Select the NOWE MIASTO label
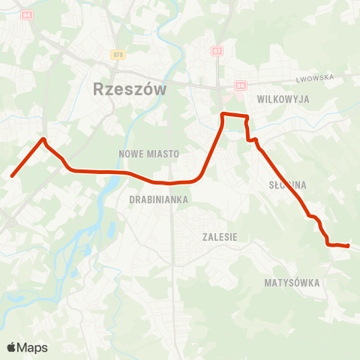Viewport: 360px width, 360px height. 149,154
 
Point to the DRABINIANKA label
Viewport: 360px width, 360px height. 158,199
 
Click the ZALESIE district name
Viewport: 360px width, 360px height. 220,236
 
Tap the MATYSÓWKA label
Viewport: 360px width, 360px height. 292,283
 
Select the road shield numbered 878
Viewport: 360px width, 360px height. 118,55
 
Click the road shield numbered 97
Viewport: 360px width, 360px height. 217,50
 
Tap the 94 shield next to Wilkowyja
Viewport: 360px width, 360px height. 241,85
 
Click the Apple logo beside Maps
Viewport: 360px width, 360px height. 11,347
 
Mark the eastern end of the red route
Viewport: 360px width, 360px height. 348,245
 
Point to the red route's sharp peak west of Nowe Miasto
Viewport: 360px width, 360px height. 44,139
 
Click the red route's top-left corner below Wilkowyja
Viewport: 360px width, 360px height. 223,114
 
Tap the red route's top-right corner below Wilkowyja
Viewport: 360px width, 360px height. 246,116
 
